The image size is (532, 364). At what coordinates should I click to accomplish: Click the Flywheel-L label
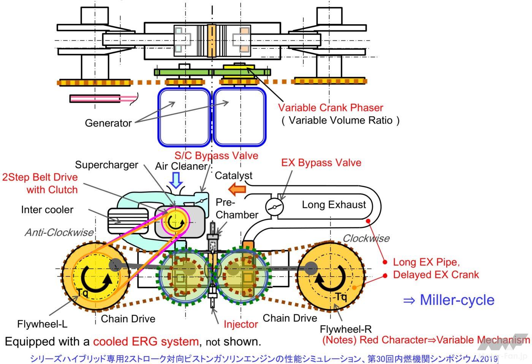(42, 324)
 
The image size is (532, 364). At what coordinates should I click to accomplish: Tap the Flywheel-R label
(345, 329)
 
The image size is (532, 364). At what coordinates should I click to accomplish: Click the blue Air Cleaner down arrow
(176, 180)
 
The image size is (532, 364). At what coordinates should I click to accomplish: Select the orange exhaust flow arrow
(237, 188)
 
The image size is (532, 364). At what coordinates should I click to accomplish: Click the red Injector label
(241, 324)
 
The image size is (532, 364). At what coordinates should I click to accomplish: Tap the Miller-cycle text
(449, 300)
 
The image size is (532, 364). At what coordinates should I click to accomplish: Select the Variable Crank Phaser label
(331, 108)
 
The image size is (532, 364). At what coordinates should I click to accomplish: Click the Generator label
(108, 123)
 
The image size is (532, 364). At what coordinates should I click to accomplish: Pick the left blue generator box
(184, 117)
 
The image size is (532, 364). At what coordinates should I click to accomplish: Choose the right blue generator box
(239, 117)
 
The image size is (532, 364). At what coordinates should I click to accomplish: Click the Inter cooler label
(47, 209)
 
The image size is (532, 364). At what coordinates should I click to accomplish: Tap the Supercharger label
(106, 165)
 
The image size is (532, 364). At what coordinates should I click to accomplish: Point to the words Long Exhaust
(334, 205)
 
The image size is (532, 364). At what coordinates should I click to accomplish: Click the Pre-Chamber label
(236, 209)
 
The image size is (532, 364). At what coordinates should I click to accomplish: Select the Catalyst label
(233, 176)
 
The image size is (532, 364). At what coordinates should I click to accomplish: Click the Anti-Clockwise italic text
(59, 232)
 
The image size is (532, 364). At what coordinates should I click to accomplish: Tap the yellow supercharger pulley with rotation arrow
(175, 221)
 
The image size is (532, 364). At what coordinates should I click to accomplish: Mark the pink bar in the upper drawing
(95, 99)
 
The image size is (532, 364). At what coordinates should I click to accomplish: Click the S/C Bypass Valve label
(216, 155)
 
